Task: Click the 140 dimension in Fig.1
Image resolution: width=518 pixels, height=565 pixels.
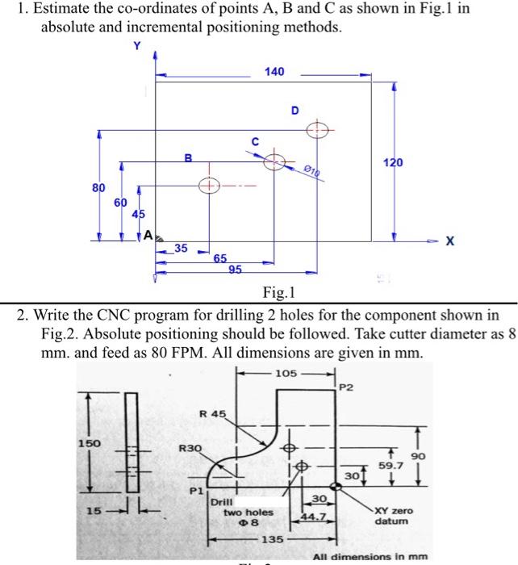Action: [274, 72]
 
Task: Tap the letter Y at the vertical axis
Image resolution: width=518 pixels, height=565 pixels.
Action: [136, 46]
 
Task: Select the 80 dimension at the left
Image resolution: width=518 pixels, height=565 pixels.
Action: [98, 187]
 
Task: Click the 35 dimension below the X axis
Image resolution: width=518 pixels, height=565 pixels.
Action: [182, 249]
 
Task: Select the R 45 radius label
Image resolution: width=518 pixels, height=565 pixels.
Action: [213, 414]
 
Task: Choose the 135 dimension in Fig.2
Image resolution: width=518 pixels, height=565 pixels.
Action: [274, 538]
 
